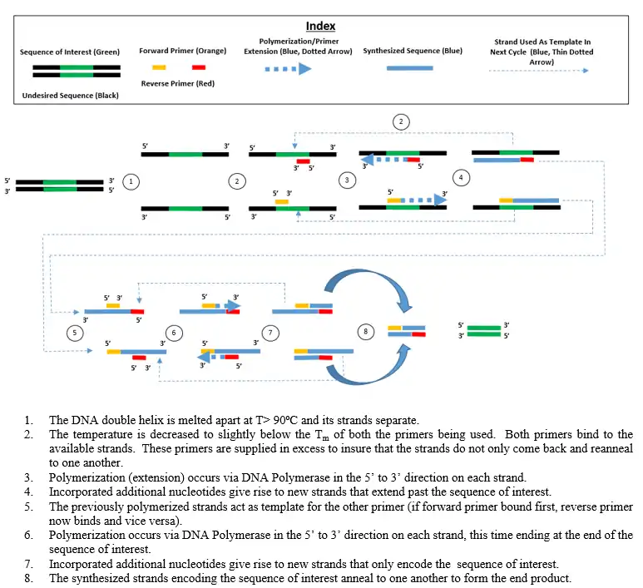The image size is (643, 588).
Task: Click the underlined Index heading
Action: click(x=320, y=27)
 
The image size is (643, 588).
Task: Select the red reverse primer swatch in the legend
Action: click(x=199, y=66)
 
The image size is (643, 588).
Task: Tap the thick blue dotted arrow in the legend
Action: click(x=288, y=70)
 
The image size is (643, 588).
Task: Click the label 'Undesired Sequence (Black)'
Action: click(x=70, y=96)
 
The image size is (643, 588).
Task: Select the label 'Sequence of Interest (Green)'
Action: click(x=70, y=52)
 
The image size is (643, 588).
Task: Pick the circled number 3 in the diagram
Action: click(x=347, y=180)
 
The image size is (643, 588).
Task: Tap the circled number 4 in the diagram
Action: click(x=460, y=177)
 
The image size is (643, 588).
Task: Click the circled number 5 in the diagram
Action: click(x=74, y=332)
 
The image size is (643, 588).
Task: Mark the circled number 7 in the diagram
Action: click(x=274, y=332)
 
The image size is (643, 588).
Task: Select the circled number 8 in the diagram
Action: click(x=365, y=332)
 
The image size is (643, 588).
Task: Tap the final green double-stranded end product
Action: click(x=483, y=331)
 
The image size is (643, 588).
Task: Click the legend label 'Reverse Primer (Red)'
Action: click(x=180, y=83)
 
